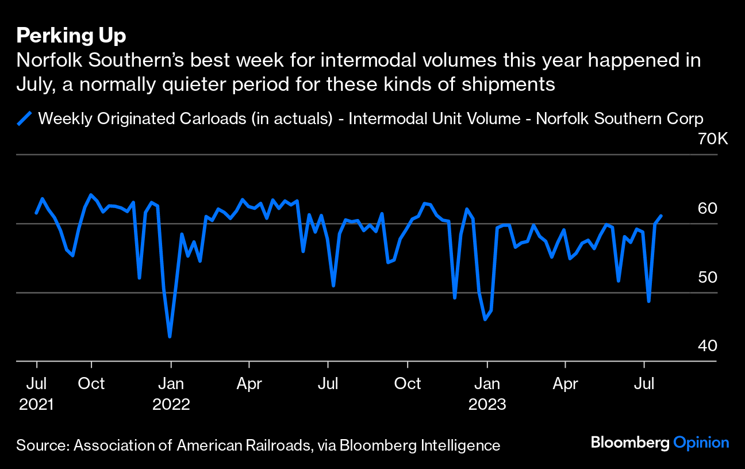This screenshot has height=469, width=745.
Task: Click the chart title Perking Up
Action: (x=71, y=36)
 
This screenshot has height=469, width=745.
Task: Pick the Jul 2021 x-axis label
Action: (x=36, y=393)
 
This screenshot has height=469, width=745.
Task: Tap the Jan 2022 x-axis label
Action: (x=171, y=393)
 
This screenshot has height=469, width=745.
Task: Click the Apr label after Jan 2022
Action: (x=249, y=383)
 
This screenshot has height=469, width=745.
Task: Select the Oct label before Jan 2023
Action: (x=407, y=383)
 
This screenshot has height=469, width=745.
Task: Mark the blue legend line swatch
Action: (x=24, y=119)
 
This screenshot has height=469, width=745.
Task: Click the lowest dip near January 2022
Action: (x=170, y=336)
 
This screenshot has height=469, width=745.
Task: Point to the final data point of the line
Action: (x=661, y=216)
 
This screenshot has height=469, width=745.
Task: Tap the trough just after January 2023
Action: (x=485, y=320)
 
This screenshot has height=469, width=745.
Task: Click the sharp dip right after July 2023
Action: (x=648, y=301)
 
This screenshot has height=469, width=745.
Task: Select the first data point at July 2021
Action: (x=36, y=213)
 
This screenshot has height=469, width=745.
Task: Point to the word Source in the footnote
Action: (x=42, y=445)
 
